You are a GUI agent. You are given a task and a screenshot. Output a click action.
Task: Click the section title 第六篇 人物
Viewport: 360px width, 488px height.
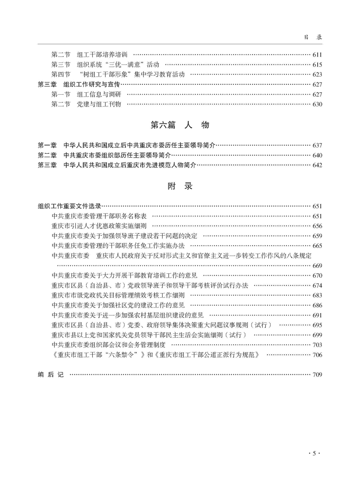(180, 125)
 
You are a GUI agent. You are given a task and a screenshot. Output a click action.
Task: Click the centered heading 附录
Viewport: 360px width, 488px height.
(180, 186)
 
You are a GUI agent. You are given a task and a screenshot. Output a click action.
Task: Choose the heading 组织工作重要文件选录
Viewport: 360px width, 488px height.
(69, 206)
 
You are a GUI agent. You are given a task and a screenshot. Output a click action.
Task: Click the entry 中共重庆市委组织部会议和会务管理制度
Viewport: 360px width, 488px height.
(111, 345)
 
